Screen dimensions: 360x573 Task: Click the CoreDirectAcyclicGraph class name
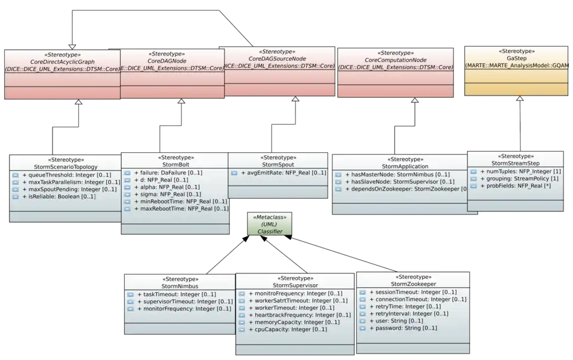point(62,61)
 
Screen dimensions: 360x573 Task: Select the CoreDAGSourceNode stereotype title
point(277,59)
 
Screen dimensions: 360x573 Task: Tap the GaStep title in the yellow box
point(516,59)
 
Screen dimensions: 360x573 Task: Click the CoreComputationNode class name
point(395,60)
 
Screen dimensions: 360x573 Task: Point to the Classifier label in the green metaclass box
point(270,231)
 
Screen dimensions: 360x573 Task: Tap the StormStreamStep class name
point(515,163)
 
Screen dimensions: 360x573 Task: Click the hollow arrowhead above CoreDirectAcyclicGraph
point(72,45)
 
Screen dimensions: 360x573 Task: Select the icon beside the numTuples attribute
point(474,171)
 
